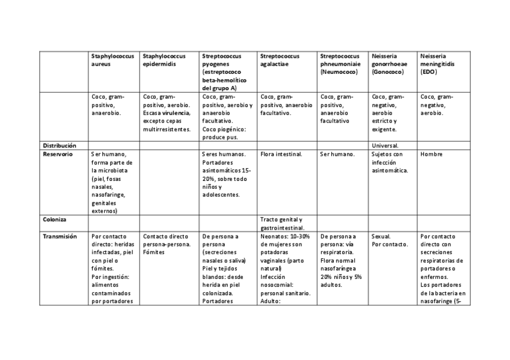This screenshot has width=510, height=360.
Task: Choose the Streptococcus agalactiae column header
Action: click(281, 59)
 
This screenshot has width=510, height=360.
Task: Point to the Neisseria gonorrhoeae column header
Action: click(389, 64)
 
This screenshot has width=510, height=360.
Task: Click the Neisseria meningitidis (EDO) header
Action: click(437, 64)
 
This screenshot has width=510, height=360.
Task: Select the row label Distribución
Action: click(59, 145)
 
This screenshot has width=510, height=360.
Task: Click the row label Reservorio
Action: click(58, 154)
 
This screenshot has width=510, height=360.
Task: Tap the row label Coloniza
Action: click(55, 219)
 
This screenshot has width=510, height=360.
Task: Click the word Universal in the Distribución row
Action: click(386, 145)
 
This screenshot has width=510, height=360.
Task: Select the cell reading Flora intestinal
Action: click(281, 154)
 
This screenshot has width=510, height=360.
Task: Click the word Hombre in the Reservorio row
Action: click(431, 154)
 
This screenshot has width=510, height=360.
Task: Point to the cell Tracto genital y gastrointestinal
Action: click(281, 224)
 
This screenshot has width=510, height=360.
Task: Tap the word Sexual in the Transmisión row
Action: click(381, 236)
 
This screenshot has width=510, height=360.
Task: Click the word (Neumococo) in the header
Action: click(339, 72)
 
